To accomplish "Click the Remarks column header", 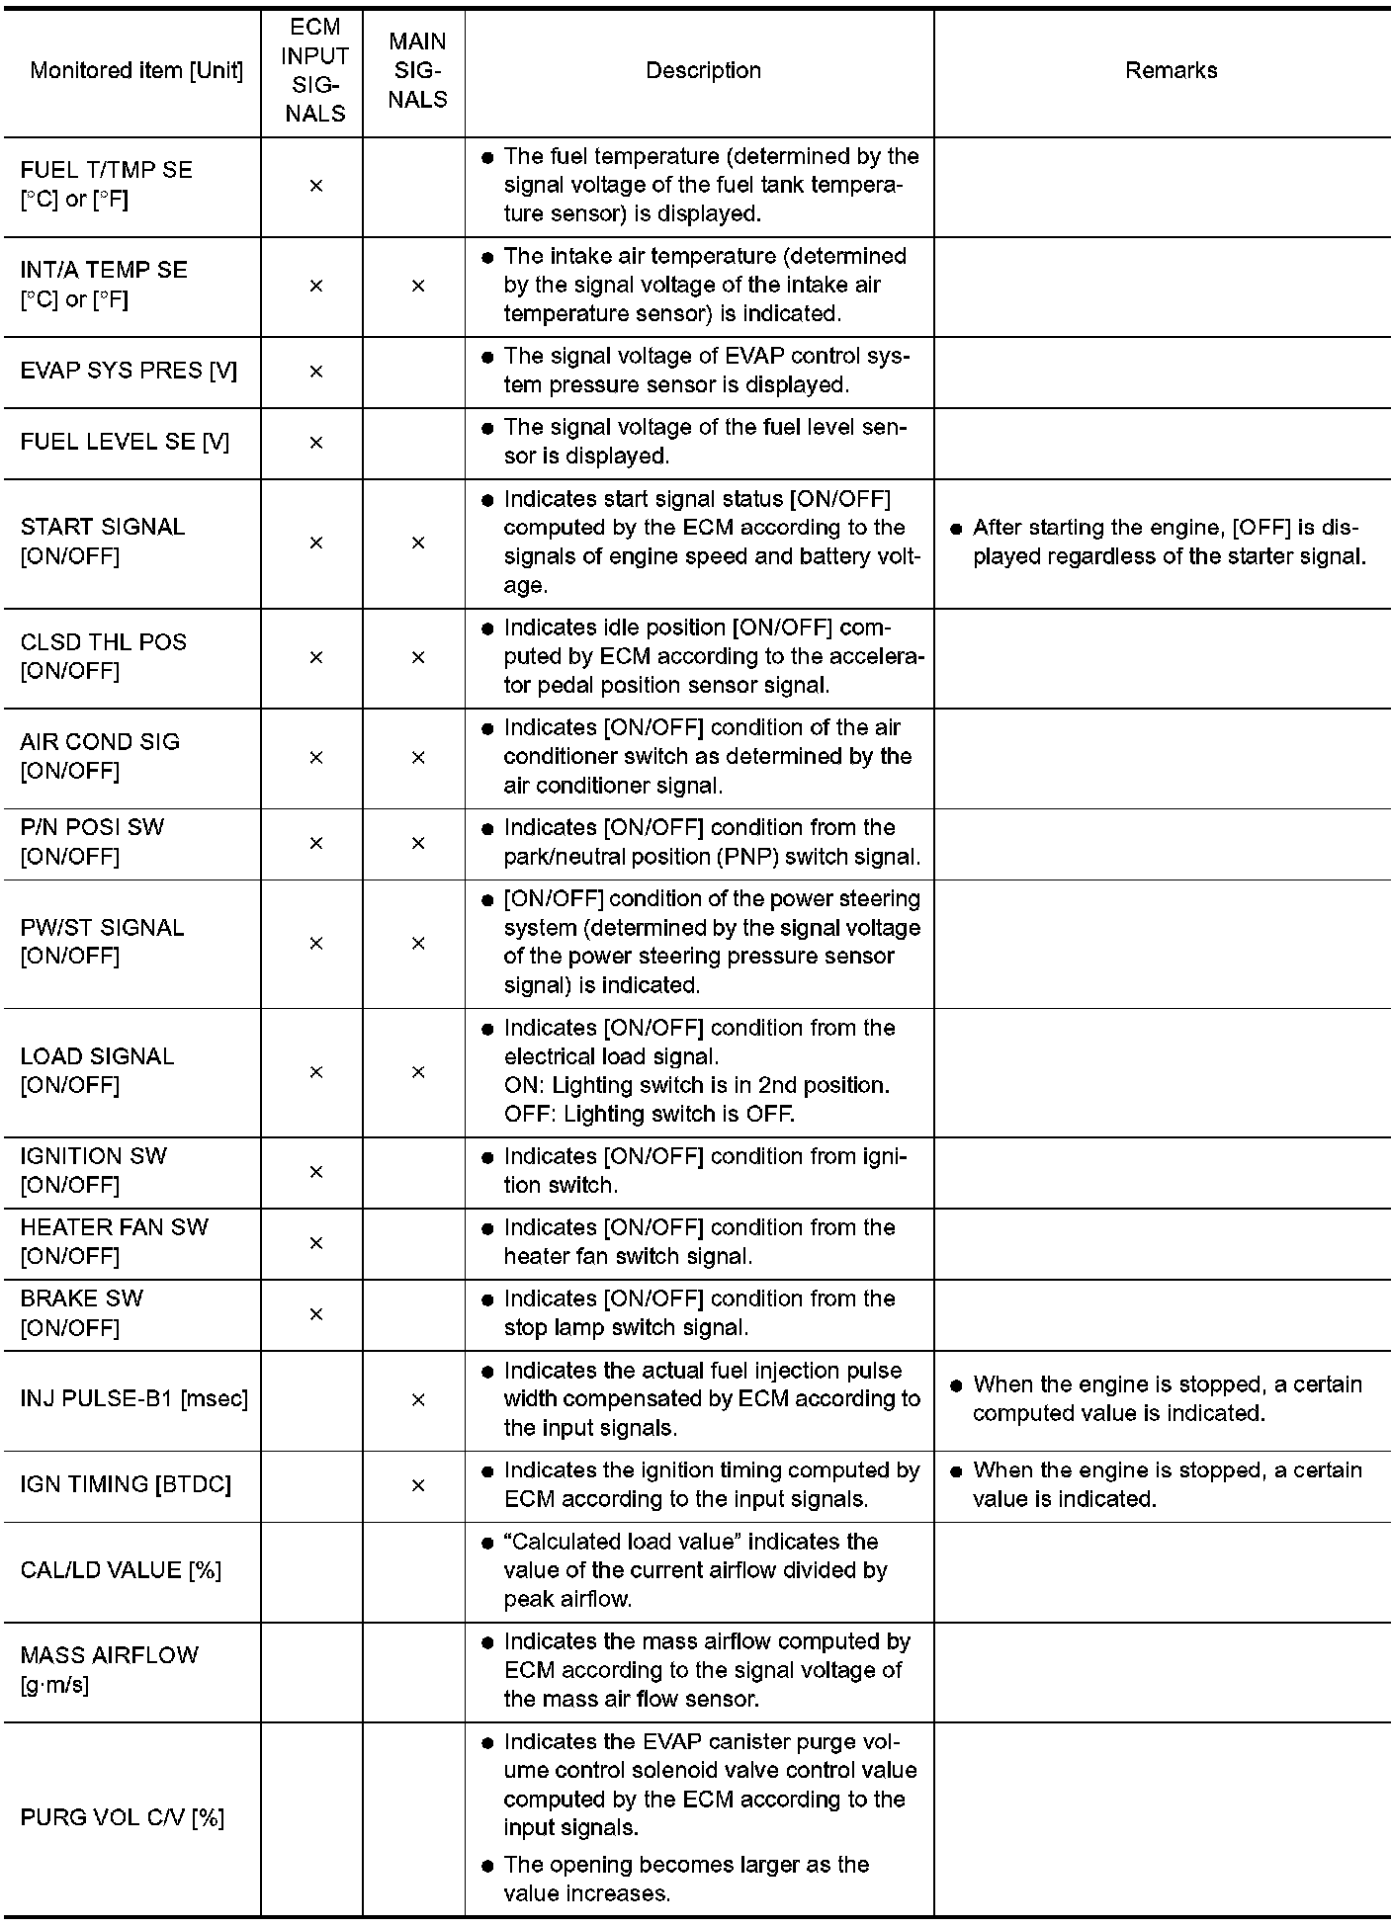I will [1171, 71].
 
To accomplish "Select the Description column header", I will [703, 71].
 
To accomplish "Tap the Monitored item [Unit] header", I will [136, 71].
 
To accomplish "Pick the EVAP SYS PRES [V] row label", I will [129, 371].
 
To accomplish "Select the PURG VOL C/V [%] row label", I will [123, 1817].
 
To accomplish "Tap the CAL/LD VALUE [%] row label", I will [121, 1570].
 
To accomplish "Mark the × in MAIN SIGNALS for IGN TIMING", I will [418, 1485].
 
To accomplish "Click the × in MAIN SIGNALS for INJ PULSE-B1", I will [418, 1399].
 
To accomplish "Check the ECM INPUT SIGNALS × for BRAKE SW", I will [316, 1314].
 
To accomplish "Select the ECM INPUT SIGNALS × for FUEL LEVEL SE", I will [316, 443].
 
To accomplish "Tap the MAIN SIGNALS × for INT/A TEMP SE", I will [418, 286].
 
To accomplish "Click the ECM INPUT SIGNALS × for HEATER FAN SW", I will [316, 1243].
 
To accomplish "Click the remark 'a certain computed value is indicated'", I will [1167, 1399].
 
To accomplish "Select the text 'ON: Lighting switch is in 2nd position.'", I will [696, 1085].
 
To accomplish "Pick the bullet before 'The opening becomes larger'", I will [487, 1866].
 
